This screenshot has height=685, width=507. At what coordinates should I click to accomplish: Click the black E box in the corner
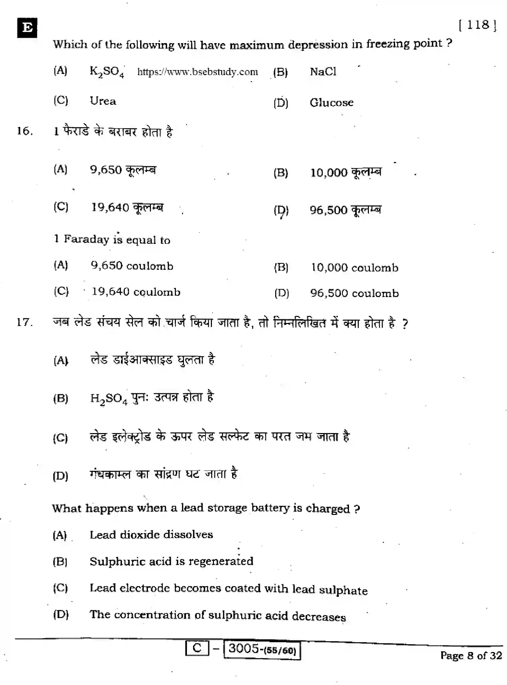(x=27, y=28)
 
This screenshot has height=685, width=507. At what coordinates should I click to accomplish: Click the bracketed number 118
(x=478, y=25)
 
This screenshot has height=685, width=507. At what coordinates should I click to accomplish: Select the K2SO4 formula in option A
(x=107, y=72)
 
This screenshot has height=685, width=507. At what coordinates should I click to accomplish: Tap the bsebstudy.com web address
(x=198, y=72)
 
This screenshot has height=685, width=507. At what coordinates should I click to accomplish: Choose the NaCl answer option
(x=323, y=72)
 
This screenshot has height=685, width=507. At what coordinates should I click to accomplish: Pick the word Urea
(x=103, y=101)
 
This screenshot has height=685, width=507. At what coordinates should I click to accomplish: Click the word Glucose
(x=331, y=102)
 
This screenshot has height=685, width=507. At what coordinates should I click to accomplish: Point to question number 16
(x=25, y=131)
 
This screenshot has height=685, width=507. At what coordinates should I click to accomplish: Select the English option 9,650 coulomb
(x=132, y=266)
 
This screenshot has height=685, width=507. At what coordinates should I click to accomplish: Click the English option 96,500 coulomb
(x=354, y=293)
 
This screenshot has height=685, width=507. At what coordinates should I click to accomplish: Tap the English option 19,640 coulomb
(x=136, y=292)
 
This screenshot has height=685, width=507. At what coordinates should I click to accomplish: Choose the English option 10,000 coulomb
(x=354, y=268)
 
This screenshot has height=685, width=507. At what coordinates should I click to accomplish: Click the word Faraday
(x=87, y=239)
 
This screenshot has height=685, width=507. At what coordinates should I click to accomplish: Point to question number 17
(x=25, y=322)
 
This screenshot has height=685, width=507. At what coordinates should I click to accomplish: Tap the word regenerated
(x=221, y=561)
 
